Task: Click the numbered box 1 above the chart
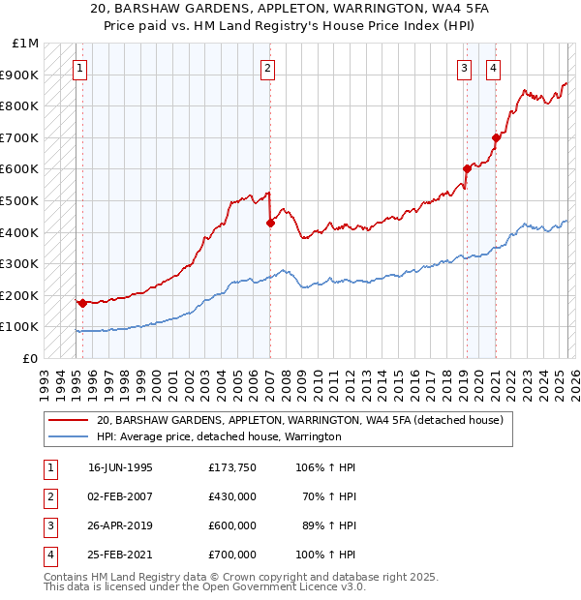78,68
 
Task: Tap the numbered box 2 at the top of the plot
266,68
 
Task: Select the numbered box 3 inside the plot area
465,68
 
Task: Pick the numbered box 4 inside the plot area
494,68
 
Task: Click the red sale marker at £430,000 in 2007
270,223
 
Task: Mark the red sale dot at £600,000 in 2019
467,168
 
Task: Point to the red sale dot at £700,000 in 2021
496,137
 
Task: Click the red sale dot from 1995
82,303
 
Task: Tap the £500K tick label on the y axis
20,200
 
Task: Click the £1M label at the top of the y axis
26,44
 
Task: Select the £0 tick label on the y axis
30,358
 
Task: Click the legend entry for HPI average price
219,437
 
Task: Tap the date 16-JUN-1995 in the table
120,467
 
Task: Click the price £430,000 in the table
231,496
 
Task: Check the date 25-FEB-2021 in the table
120,555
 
